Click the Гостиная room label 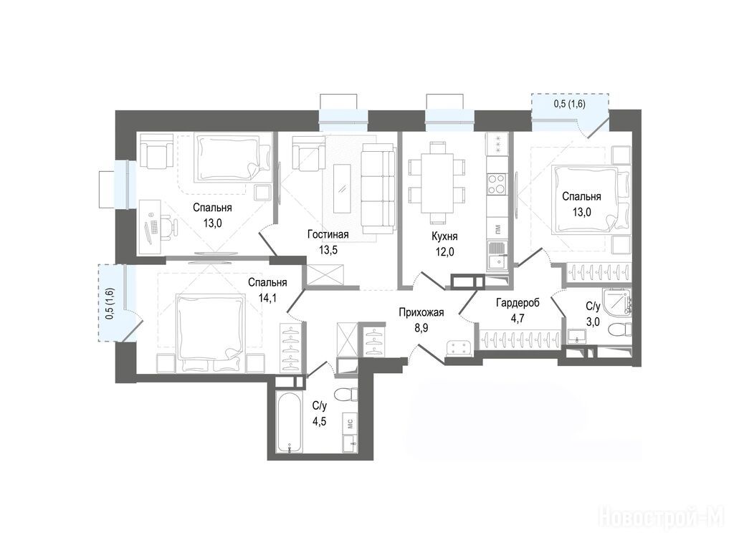pos(328,234)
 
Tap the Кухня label pos(444,236)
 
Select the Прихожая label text pos(421,312)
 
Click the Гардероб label pos(518,303)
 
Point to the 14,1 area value pos(267,298)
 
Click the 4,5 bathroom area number pos(319,421)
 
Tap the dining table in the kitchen pos(437,183)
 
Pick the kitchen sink pos(496,256)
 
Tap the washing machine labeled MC pos(350,423)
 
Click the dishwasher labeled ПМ pos(496,229)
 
